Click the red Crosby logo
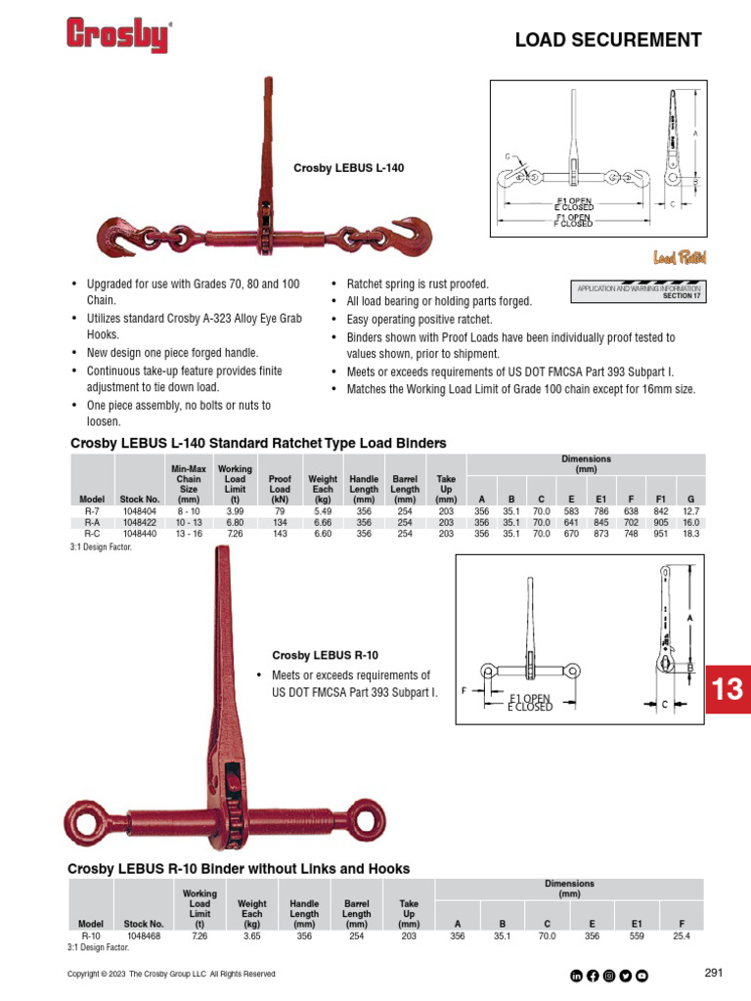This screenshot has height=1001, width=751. pyautogui.click(x=117, y=35)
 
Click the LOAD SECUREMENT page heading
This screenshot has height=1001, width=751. pyautogui.click(x=608, y=40)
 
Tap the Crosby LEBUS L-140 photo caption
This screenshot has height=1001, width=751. pyautogui.click(x=349, y=169)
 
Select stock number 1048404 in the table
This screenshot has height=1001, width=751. pyautogui.click(x=138, y=511)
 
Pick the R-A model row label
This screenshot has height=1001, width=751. pyautogui.click(x=91, y=523)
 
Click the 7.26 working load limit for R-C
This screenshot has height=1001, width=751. pyautogui.click(x=235, y=535)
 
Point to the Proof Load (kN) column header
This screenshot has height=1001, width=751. pyautogui.click(x=280, y=486)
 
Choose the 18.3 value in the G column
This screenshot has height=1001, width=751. pyautogui.click(x=690, y=535)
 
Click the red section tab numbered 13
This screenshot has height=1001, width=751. pyautogui.click(x=727, y=689)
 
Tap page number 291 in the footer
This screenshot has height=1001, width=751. pyautogui.click(x=713, y=973)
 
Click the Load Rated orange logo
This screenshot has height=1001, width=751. pyautogui.click(x=680, y=258)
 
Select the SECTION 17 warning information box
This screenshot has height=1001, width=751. pyautogui.click(x=640, y=292)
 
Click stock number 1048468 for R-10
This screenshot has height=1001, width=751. pyautogui.click(x=143, y=936)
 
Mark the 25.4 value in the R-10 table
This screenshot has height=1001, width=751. pyautogui.click(x=682, y=936)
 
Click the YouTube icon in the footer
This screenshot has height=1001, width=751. pyautogui.click(x=641, y=975)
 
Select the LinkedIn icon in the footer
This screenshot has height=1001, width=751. pyautogui.click(x=576, y=975)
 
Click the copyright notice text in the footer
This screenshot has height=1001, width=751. pyautogui.click(x=171, y=975)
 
